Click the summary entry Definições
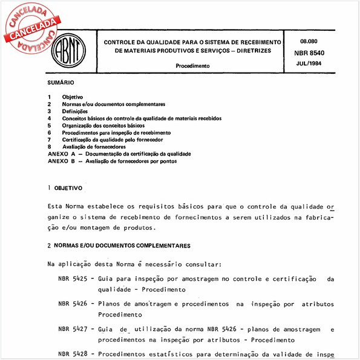(x=75, y=111)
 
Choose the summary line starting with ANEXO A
(x=119, y=154)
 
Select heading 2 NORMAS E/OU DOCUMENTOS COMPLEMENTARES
(x=119, y=246)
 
